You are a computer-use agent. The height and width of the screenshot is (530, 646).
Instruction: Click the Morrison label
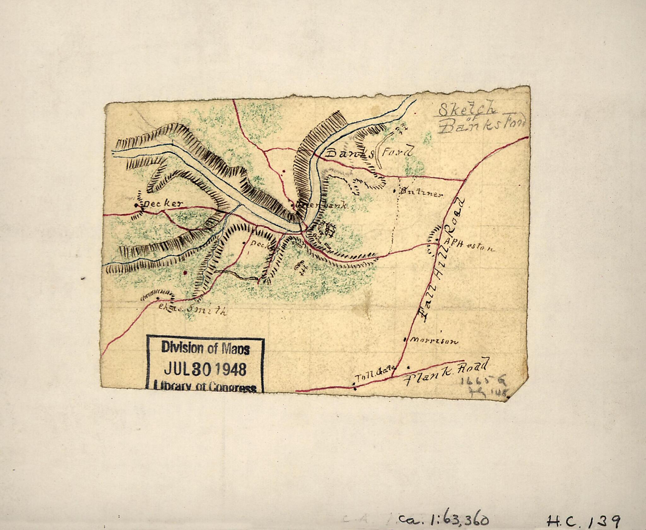click(435, 341)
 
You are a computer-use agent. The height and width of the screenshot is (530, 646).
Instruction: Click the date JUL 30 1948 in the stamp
click(205, 369)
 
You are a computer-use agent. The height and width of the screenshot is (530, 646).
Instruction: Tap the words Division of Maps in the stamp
click(205, 348)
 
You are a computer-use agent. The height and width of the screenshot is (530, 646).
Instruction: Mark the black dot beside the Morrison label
click(405, 340)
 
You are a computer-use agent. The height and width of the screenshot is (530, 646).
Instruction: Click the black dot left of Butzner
click(395, 191)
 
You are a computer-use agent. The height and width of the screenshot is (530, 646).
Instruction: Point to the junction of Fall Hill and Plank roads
click(392, 377)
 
